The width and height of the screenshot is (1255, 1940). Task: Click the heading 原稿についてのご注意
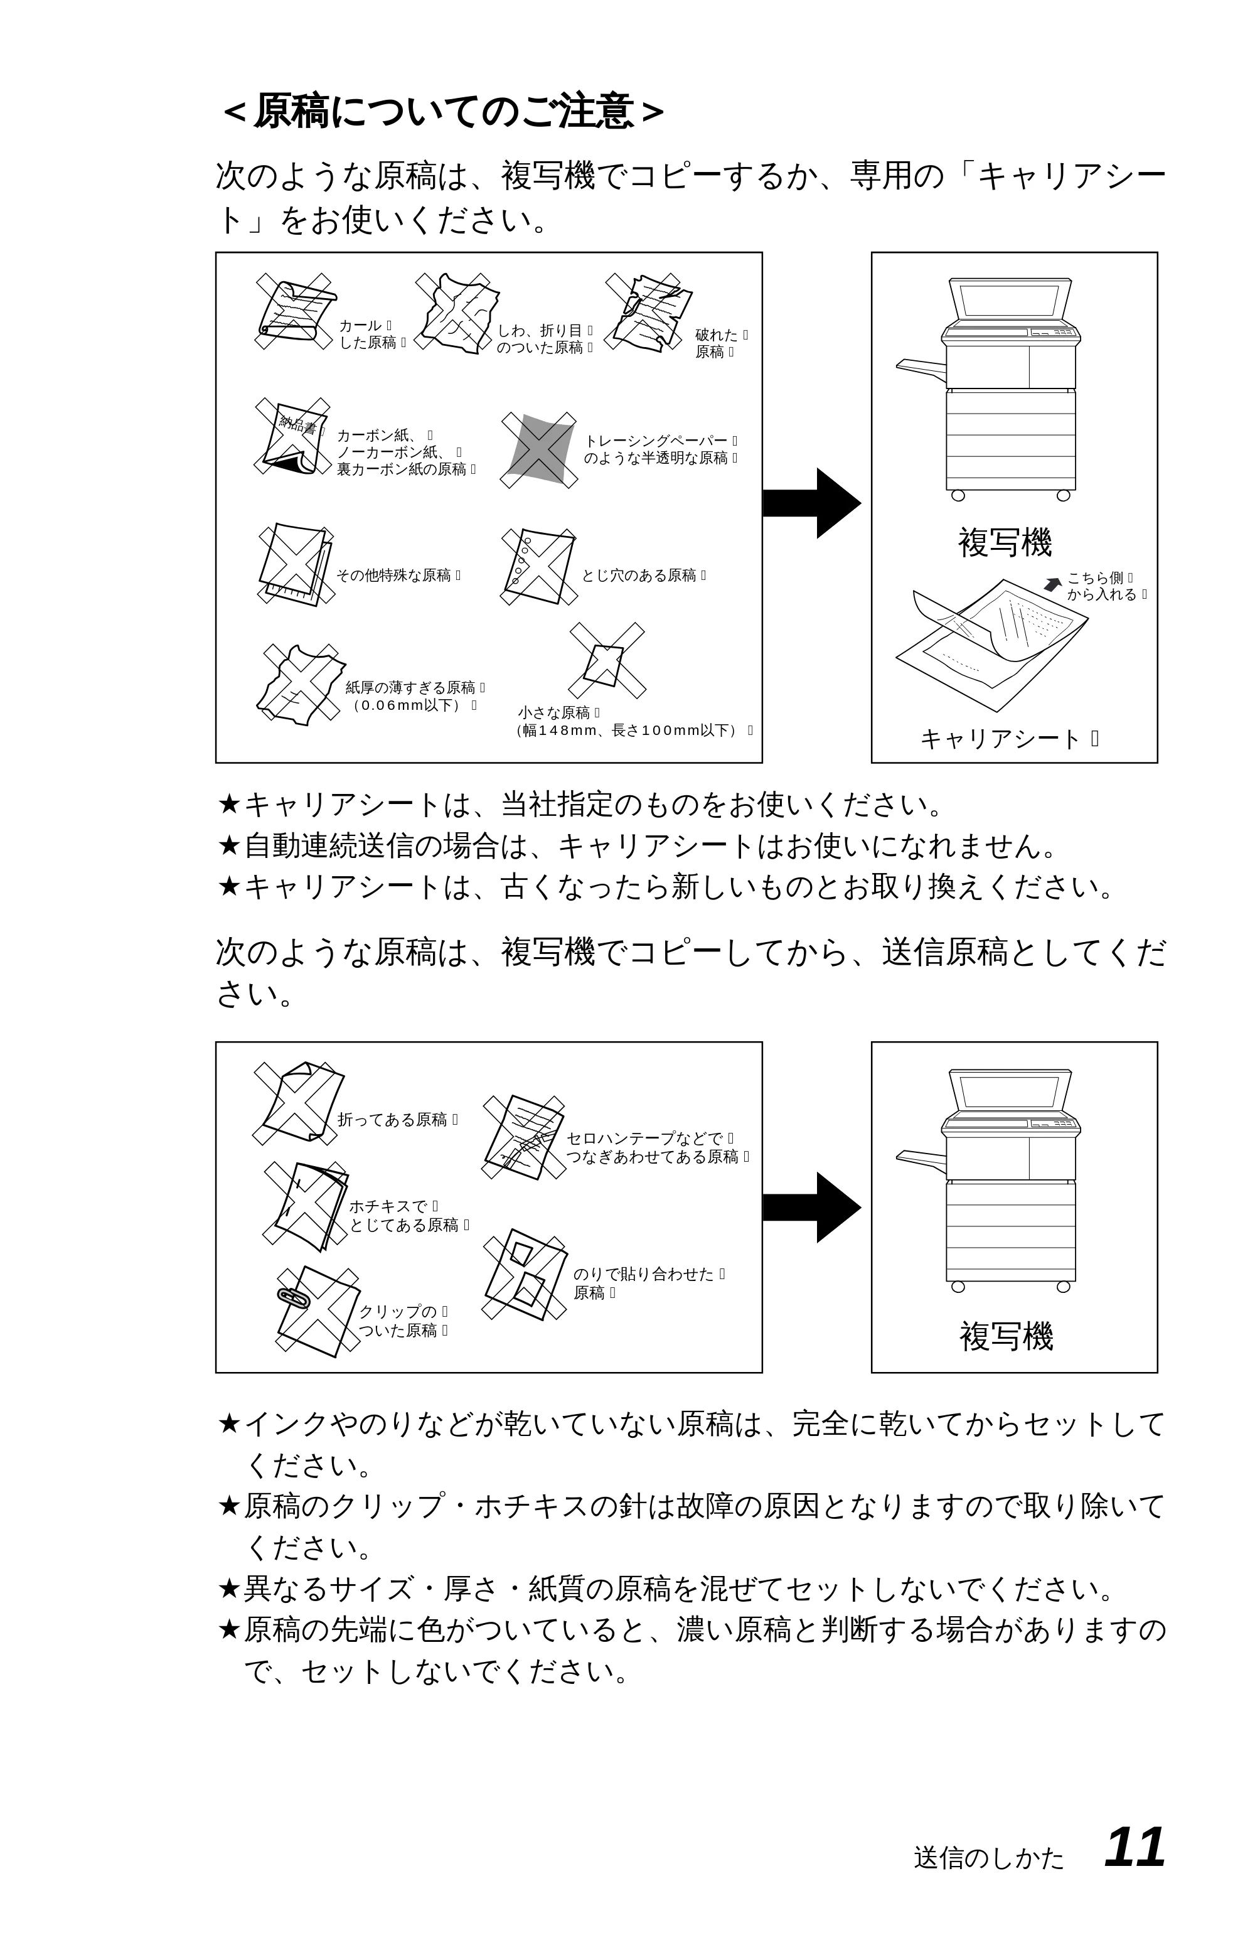(444, 112)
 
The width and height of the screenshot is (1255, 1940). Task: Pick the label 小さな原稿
(554, 713)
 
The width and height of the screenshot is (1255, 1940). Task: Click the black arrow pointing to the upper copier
(811, 503)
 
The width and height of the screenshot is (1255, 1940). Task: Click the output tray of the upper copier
(921, 368)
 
